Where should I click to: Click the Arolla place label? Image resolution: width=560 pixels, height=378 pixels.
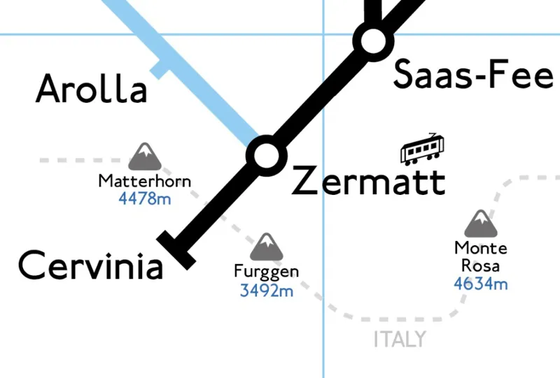(92, 89)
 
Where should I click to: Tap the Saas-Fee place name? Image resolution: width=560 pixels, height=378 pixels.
(473, 75)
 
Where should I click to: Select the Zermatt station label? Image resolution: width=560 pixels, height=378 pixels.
(368, 182)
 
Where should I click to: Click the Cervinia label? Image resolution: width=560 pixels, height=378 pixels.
(90, 266)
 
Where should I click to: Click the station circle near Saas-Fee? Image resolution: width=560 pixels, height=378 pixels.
(371, 41)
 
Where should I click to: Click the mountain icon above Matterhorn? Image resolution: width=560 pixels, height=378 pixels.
(144, 157)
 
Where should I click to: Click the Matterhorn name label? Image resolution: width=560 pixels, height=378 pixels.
(144, 182)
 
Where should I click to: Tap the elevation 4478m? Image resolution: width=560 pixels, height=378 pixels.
(144, 198)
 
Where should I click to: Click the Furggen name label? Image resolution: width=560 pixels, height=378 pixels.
(267, 272)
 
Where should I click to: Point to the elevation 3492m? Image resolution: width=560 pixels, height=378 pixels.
(267, 290)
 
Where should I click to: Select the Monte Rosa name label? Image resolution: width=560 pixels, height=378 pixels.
(481, 256)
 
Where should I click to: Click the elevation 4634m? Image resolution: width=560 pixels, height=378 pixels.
(481, 284)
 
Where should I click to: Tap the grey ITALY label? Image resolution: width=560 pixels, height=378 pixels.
(399, 340)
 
